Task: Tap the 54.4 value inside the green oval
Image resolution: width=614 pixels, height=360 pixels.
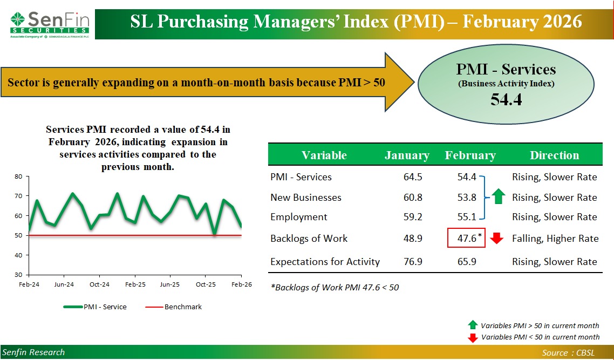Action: coord(506,99)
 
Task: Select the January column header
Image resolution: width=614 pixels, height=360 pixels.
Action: coord(407,155)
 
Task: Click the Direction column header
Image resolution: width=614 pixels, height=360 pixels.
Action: coord(554,155)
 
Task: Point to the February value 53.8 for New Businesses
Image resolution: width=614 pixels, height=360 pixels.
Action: coord(466,198)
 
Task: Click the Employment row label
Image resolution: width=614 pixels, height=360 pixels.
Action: coord(298,217)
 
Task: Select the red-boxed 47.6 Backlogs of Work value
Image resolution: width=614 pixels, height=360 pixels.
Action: coord(466,238)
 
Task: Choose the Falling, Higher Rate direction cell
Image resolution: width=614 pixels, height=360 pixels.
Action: coord(555,239)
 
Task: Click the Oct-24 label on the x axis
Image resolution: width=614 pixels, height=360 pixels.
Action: coord(99,284)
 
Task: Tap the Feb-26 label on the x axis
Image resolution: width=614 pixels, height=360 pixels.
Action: coord(241,284)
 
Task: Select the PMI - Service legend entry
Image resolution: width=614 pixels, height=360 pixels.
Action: coord(95,307)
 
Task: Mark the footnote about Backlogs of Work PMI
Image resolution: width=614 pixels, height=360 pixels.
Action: coord(335,288)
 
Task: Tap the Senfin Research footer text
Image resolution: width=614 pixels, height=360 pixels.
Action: coord(33,352)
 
